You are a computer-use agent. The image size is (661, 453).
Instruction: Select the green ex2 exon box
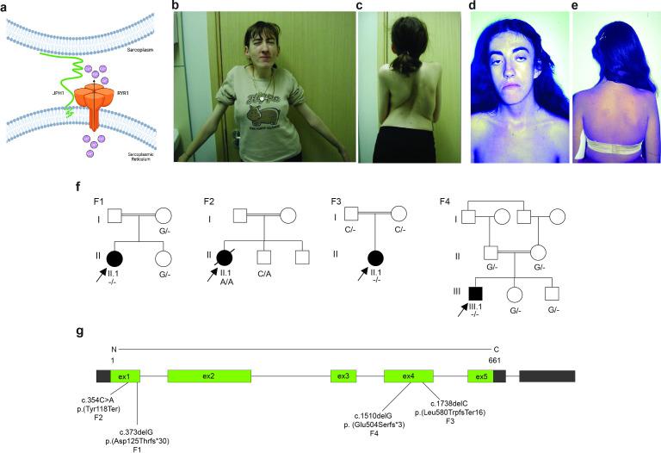(x=209, y=376)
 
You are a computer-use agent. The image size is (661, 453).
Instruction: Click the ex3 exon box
(x=343, y=376)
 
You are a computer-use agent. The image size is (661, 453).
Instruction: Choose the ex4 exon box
(x=408, y=376)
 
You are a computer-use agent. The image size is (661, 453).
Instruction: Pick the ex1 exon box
(x=124, y=376)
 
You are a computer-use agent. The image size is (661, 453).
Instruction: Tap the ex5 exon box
(x=479, y=376)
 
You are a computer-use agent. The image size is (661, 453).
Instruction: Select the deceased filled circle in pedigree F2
(x=229, y=257)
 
